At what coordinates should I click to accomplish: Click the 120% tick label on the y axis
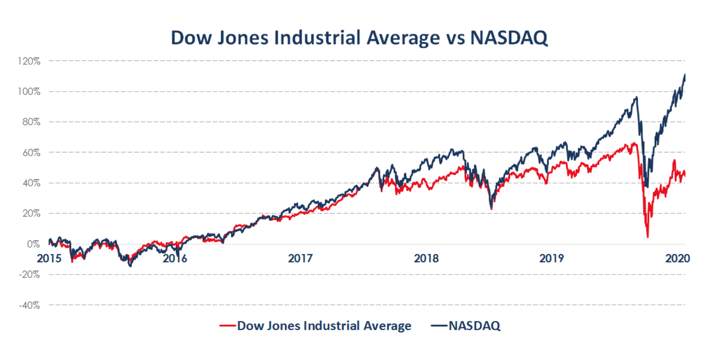(x=29, y=61)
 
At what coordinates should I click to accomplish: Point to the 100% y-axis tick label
(x=29, y=91)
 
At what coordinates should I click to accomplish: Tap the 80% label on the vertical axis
(x=31, y=122)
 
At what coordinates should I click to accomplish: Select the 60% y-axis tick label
(x=31, y=153)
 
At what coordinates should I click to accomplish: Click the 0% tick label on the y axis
(x=33, y=244)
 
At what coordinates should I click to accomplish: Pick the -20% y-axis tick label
(x=29, y=275)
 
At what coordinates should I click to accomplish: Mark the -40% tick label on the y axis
(x=29, y=305)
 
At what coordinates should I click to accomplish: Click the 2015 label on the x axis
(x=49, y=258)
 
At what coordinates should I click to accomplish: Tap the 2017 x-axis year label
(x=300, y=258)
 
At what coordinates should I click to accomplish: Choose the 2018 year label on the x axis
(x=426, y=258)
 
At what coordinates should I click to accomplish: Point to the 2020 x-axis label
(x=677, y=258)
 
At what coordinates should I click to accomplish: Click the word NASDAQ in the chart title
(x=509, y=38)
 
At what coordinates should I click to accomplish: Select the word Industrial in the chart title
(x=318, y=38)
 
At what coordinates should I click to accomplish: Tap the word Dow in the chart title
(x=191, y=38)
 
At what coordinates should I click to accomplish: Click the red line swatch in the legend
(x=228, y=326)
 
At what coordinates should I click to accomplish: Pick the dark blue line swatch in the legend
(x=439, y=326)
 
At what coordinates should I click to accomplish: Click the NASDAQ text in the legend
(x=474, y=326)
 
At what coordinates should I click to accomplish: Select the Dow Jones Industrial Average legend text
(x=324, y=326)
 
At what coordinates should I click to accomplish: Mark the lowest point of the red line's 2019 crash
(x=648, y=237)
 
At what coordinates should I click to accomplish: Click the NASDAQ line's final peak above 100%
(x=685, y=75)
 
